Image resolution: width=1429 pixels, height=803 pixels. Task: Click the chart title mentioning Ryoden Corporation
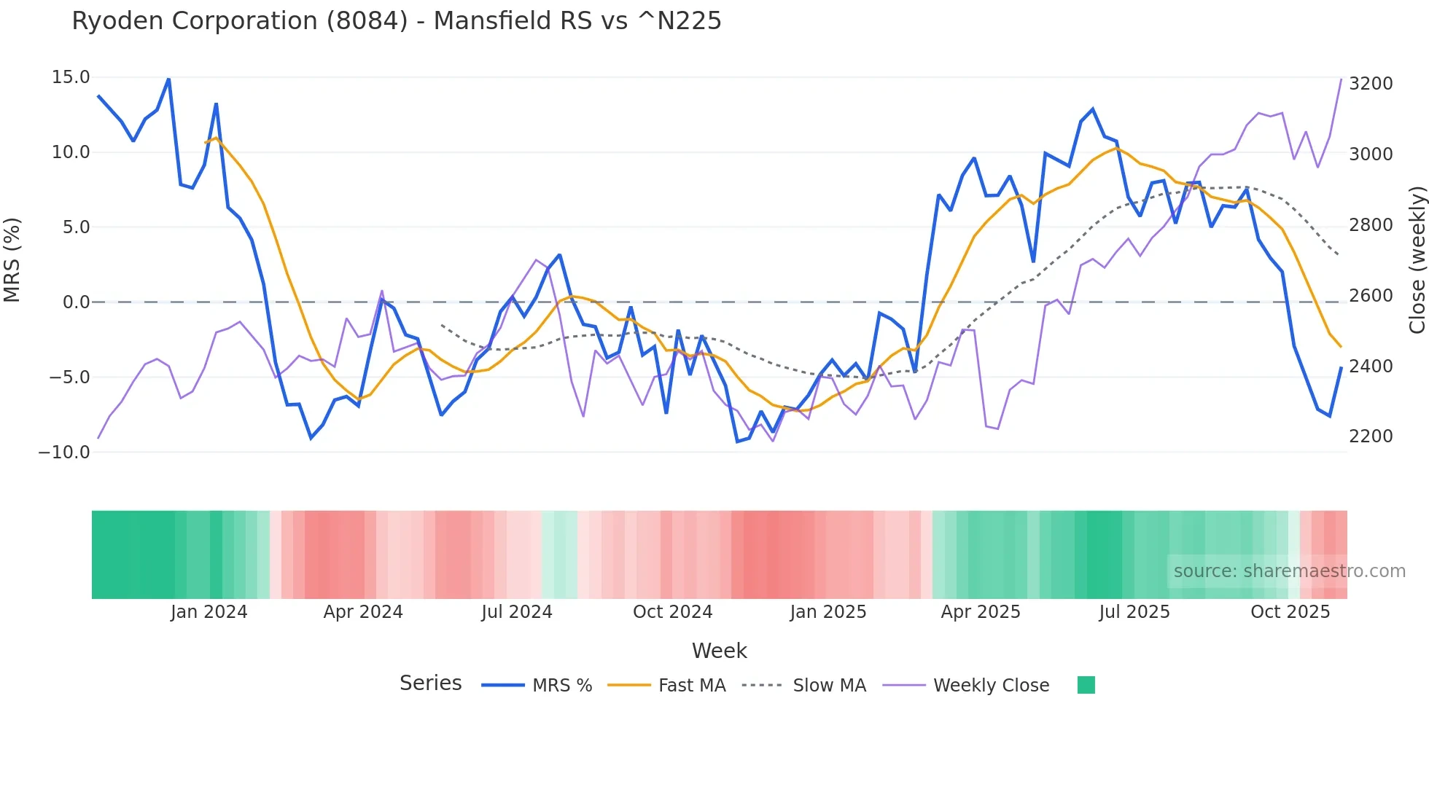click(397, 21)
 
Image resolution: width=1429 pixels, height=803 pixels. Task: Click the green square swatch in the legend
click(1086, 685)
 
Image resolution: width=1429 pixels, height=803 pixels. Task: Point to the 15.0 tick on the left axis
click(71, 77)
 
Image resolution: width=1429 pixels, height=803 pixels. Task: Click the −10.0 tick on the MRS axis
click(64, 453)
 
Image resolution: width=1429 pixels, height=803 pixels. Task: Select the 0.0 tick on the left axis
click(76, 302)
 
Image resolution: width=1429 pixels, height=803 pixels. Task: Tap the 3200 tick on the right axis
click(1371, 84)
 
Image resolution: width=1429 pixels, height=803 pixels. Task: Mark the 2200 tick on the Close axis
click(1371, 436)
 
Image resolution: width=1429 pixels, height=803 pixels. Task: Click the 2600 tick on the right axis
click(1371, 296)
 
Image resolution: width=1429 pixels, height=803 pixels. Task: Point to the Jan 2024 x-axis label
click(209, 612)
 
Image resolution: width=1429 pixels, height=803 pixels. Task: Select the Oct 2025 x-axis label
click(1290, 612)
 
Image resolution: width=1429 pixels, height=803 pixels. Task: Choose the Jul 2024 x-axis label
click(517, 612)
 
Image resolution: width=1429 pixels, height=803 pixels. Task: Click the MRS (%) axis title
click(12, 260)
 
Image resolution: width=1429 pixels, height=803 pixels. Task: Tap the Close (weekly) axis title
click(1417, 260)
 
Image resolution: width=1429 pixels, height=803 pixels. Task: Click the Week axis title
click(719, 651)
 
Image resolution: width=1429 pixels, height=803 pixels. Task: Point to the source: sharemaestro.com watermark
click(1289, 571)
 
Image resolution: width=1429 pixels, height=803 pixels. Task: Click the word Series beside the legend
click(430, 683)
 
